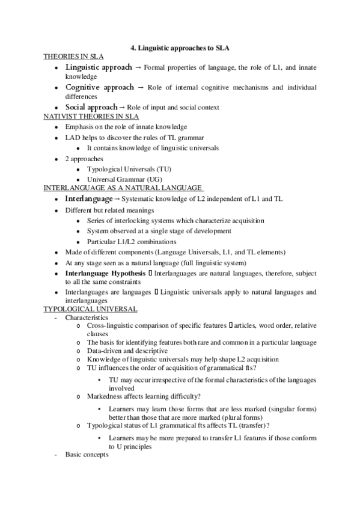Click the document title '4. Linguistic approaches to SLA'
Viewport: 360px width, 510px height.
pos(180,48)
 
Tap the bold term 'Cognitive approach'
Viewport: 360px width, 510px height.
pos(100,88)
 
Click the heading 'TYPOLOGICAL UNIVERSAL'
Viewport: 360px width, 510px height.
pos(91,309)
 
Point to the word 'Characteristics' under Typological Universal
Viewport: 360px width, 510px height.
pos(87,317)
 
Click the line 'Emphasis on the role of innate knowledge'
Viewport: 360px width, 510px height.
pos(126,127)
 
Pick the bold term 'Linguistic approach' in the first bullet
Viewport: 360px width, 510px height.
pos(99,67)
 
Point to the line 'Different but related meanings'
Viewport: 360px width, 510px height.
pos(111,210)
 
